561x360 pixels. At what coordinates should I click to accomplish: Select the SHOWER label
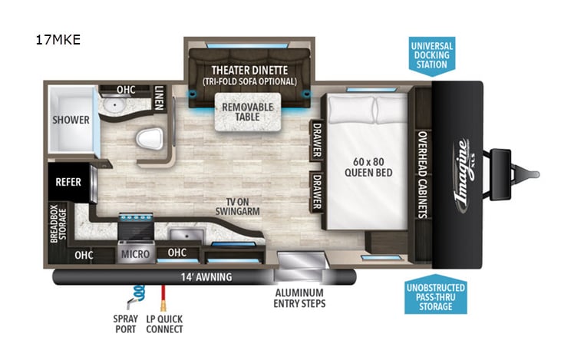point(71,120)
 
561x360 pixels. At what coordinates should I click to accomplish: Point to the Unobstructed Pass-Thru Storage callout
point(436,296)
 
